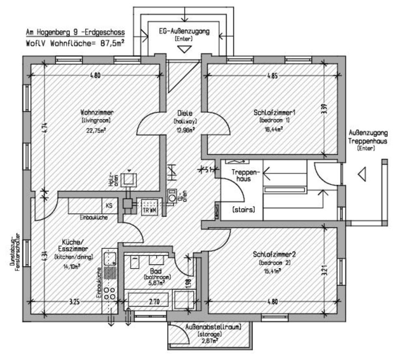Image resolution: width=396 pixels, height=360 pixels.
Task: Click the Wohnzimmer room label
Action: (97, 112)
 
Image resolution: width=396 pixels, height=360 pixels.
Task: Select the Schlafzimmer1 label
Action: (271, 113)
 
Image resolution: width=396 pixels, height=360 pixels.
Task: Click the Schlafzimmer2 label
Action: (274, 254)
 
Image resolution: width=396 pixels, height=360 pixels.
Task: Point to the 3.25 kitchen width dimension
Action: (74, 302)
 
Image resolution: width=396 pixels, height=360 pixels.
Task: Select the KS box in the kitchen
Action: (109, 205)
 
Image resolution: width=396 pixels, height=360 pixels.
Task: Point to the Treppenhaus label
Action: (241, 175)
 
